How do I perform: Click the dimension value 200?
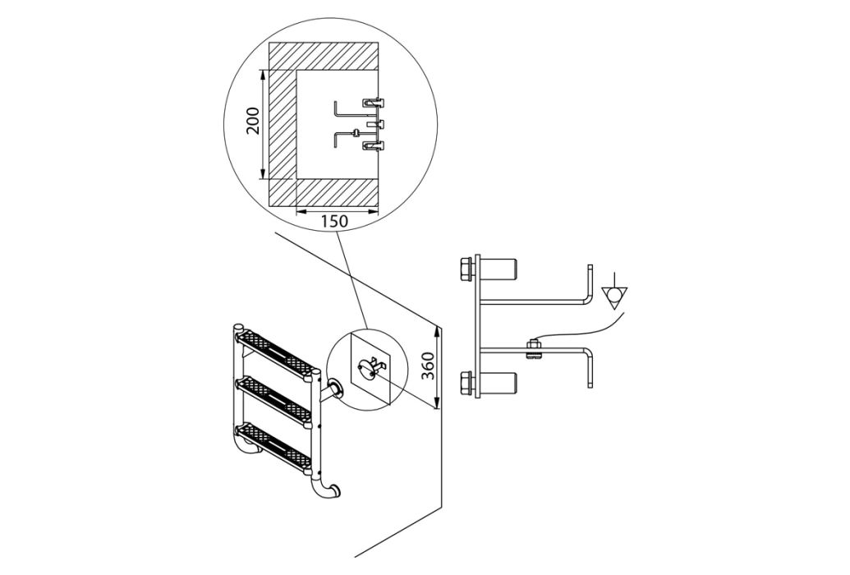(x=253, y=121)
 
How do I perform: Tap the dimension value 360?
(x=428, y=366)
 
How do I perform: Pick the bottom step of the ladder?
(x=274, y=446)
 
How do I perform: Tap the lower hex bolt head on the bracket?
(x=466, y=384)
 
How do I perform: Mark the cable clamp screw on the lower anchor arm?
(x=532, y=347)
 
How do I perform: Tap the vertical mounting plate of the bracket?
(x=478, y=326)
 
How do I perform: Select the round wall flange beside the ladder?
(x=335, y=389)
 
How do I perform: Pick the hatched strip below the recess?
(x=322, y=192)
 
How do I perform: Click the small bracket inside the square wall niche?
(x=369, y=366)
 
